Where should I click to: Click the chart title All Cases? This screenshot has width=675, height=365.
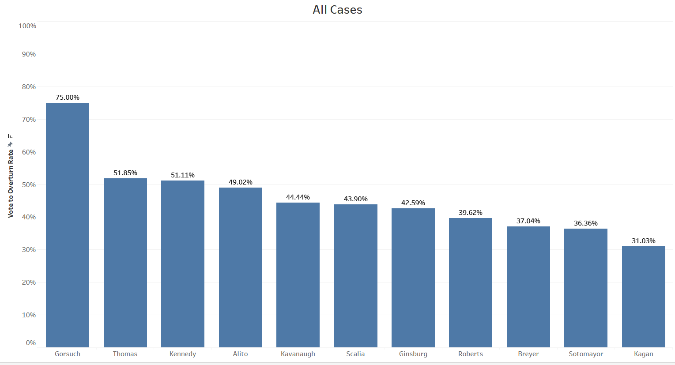pyautogui.click(x=337, y=10)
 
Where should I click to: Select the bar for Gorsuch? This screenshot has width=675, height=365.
pyautogui.click(x=68, y=225)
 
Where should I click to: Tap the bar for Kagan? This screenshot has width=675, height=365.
pyautogui.click(x=643, y=297)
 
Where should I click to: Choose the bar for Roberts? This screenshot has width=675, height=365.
pyautogui.click(x=471, y=282)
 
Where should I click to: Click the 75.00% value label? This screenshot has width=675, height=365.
pyautogui.click(x=68, y=98)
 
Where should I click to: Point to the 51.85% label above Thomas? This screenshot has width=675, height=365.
pyautogui.click(x=125, y=173)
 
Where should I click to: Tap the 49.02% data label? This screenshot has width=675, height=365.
pyautogui.click(x=241, y=182)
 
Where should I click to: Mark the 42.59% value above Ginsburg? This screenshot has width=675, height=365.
pyautogui.click(x=413, y=203)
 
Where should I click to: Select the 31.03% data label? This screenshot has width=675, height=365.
pyautogui.click(x=643, y=241)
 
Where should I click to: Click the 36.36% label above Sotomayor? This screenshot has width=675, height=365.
pyautogui.click(x=586, y=223)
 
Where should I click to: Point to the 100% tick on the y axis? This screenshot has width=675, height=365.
pyautogui.click(x=27, y=26)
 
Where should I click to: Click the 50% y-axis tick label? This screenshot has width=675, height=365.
pyautogui.click(x=29, y=184)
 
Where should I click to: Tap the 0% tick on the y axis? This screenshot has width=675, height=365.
pyautogui.click(x=30, y=343)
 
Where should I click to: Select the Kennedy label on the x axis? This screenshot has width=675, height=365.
pyautogui.click(x=183, y=354)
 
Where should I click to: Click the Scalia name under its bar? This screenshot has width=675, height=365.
pyautogui.click(x=355, y=354)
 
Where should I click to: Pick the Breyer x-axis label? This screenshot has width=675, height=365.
pyautogui.click(x=528, y=354)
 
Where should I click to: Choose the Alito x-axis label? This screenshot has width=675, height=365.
pyautogui.click(x=241, y=354)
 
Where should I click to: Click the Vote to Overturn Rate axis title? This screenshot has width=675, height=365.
pyautogui.click(x=11, y=183)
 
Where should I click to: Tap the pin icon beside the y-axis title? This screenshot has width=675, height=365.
pyautogui.click(x=10, y=144)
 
